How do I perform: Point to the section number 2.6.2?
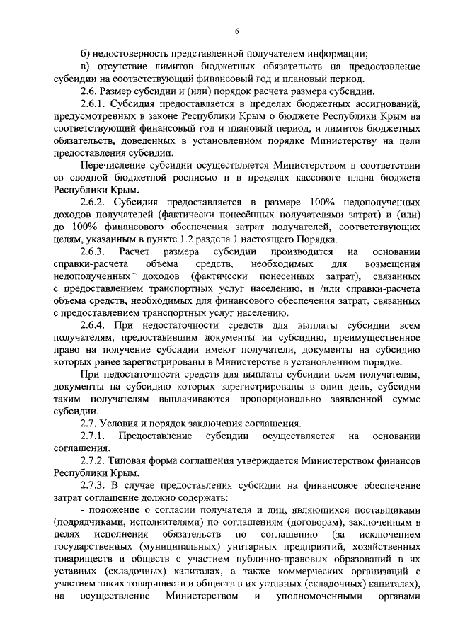[x=93, y=203]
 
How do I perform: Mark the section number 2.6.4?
[x=93, y=325]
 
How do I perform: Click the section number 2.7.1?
[x=93, y=434]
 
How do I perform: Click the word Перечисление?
[x=117, y=165]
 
